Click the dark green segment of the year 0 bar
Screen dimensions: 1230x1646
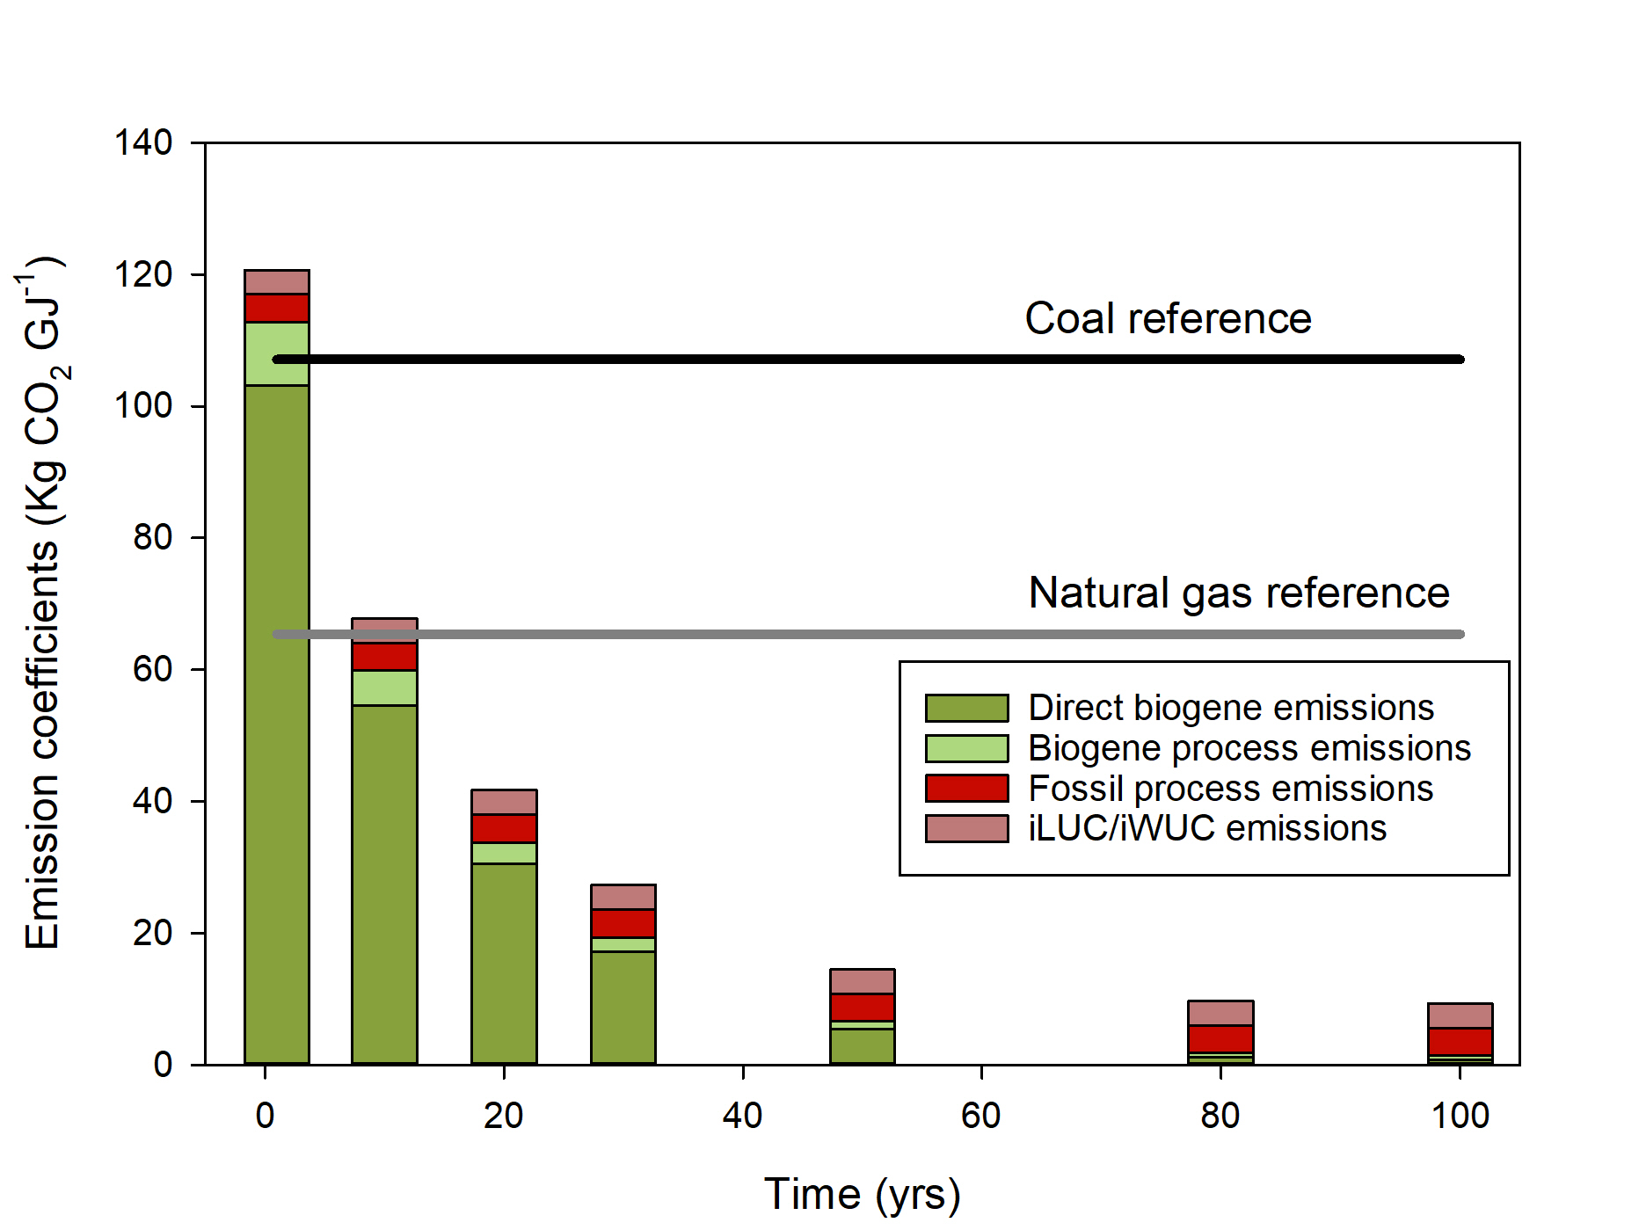pyautogui.click(x=277, y=721)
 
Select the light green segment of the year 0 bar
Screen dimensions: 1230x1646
pyautogui.click(x=277, y=353)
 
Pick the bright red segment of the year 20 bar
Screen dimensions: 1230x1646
pyautogui.click(x=504, y=828)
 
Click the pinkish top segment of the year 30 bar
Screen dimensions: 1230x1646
pyautogui.click(x=623, y=897)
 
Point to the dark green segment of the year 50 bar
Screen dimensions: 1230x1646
pyautogui.click(x=863, y=1046)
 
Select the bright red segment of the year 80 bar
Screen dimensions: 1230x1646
pyautogui.click(x=1220, y=1038)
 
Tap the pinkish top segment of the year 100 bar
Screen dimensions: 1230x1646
pyautogui.click(x=1460, y=1015)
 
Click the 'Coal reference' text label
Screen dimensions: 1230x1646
pyautogui.click(x=1168, y=318)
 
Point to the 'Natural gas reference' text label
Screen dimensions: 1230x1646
pyautogui.click(x=1238, y=593)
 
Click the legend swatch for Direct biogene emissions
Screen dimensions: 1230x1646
pyautogui.click(x=966, y=708)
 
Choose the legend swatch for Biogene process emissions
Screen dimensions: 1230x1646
pyautogui.click(x=966, y=748)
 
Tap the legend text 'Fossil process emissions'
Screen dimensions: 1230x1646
pyautogui.click(x=1230, y=789)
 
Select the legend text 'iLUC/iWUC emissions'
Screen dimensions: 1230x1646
pyautogui.click(x=1207, y=828)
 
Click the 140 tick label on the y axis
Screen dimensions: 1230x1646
pyautogui.click(x=143, y=142)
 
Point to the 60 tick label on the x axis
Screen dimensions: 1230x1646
pyautogui.click(x=981, y=1116)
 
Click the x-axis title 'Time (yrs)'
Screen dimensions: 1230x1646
pyautogui.click(x=862, y=1194)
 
